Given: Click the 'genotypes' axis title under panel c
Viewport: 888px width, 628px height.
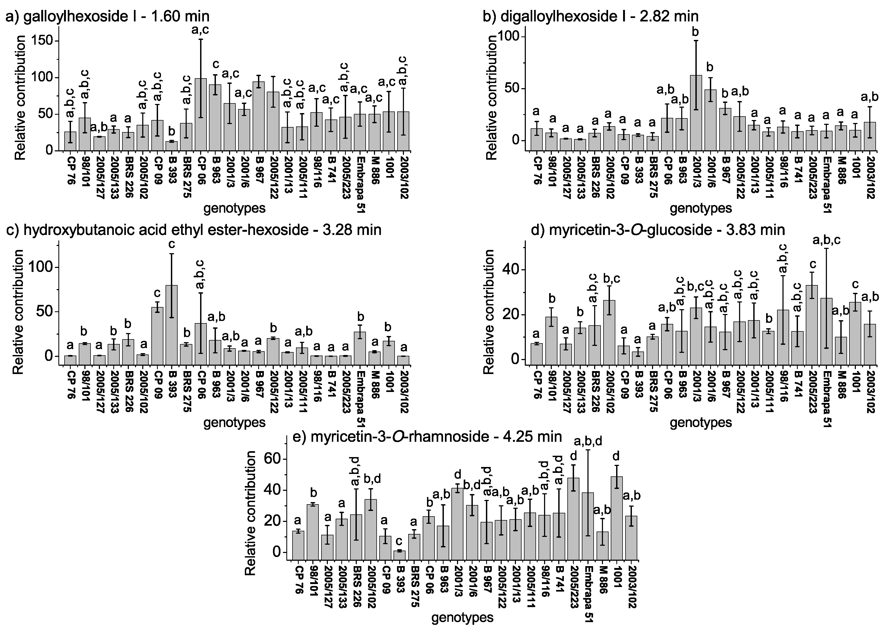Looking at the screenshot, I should tap(234, 422).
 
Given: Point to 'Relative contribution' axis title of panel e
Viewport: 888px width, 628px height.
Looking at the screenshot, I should tap(251, 513).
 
